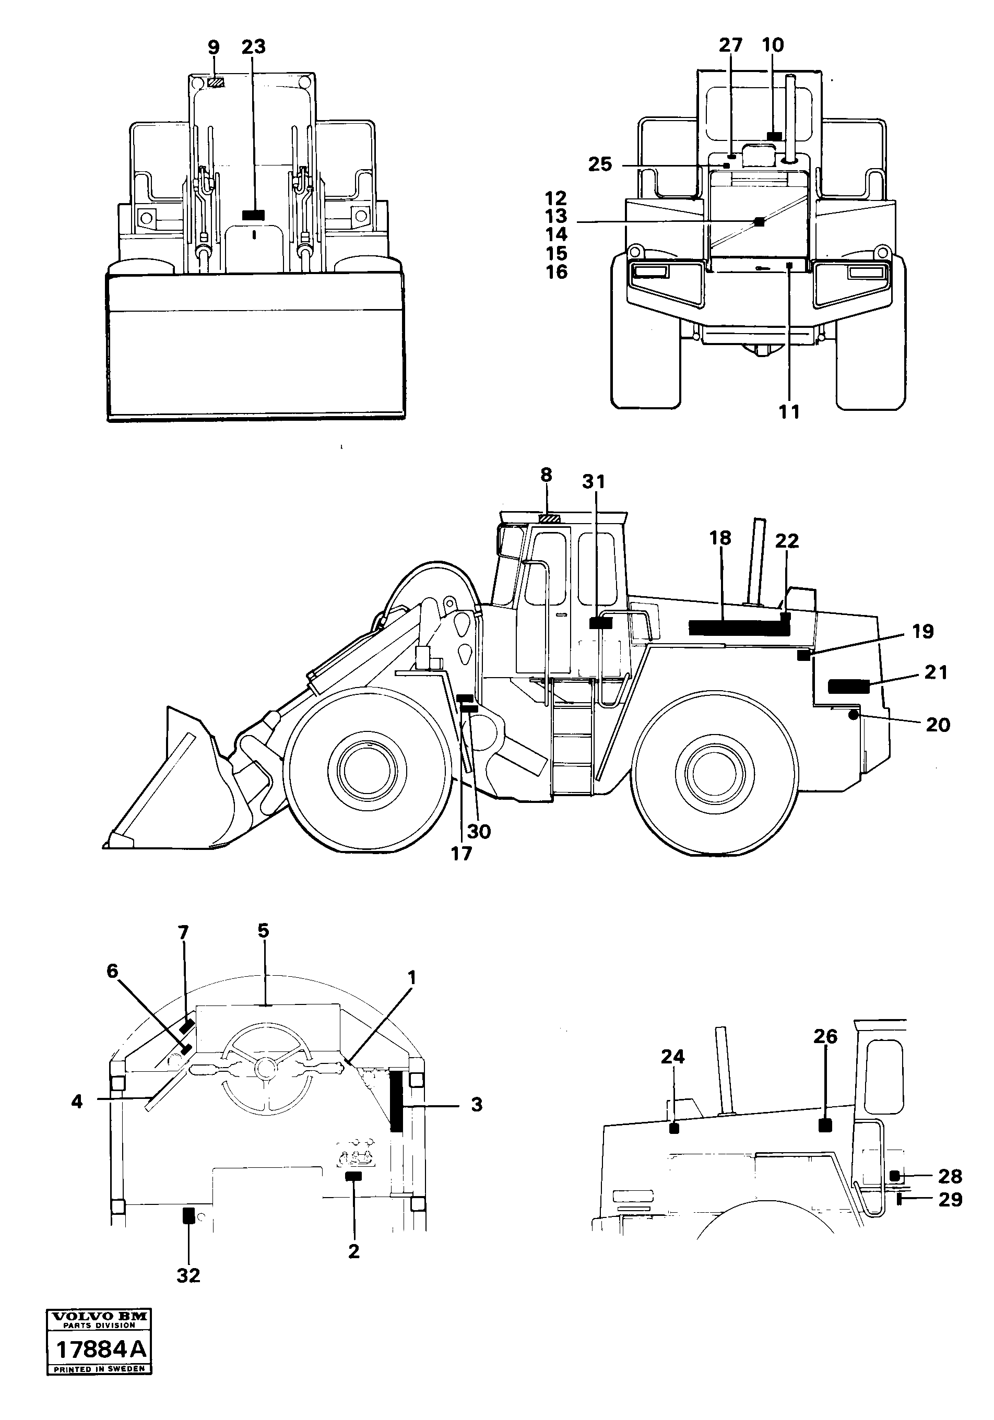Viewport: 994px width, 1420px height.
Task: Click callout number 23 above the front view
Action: click(254, 47)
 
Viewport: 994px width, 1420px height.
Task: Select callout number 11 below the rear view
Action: click(789, 411)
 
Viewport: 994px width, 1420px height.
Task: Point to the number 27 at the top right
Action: click(730, 45)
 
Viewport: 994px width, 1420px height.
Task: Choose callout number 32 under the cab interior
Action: click(188, 1275)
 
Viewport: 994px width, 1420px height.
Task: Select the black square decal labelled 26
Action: click(824, 1125)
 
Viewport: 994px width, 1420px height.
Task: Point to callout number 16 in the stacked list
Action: click(557, 272)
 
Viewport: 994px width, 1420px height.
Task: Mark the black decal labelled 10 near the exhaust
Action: click(774, 136)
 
